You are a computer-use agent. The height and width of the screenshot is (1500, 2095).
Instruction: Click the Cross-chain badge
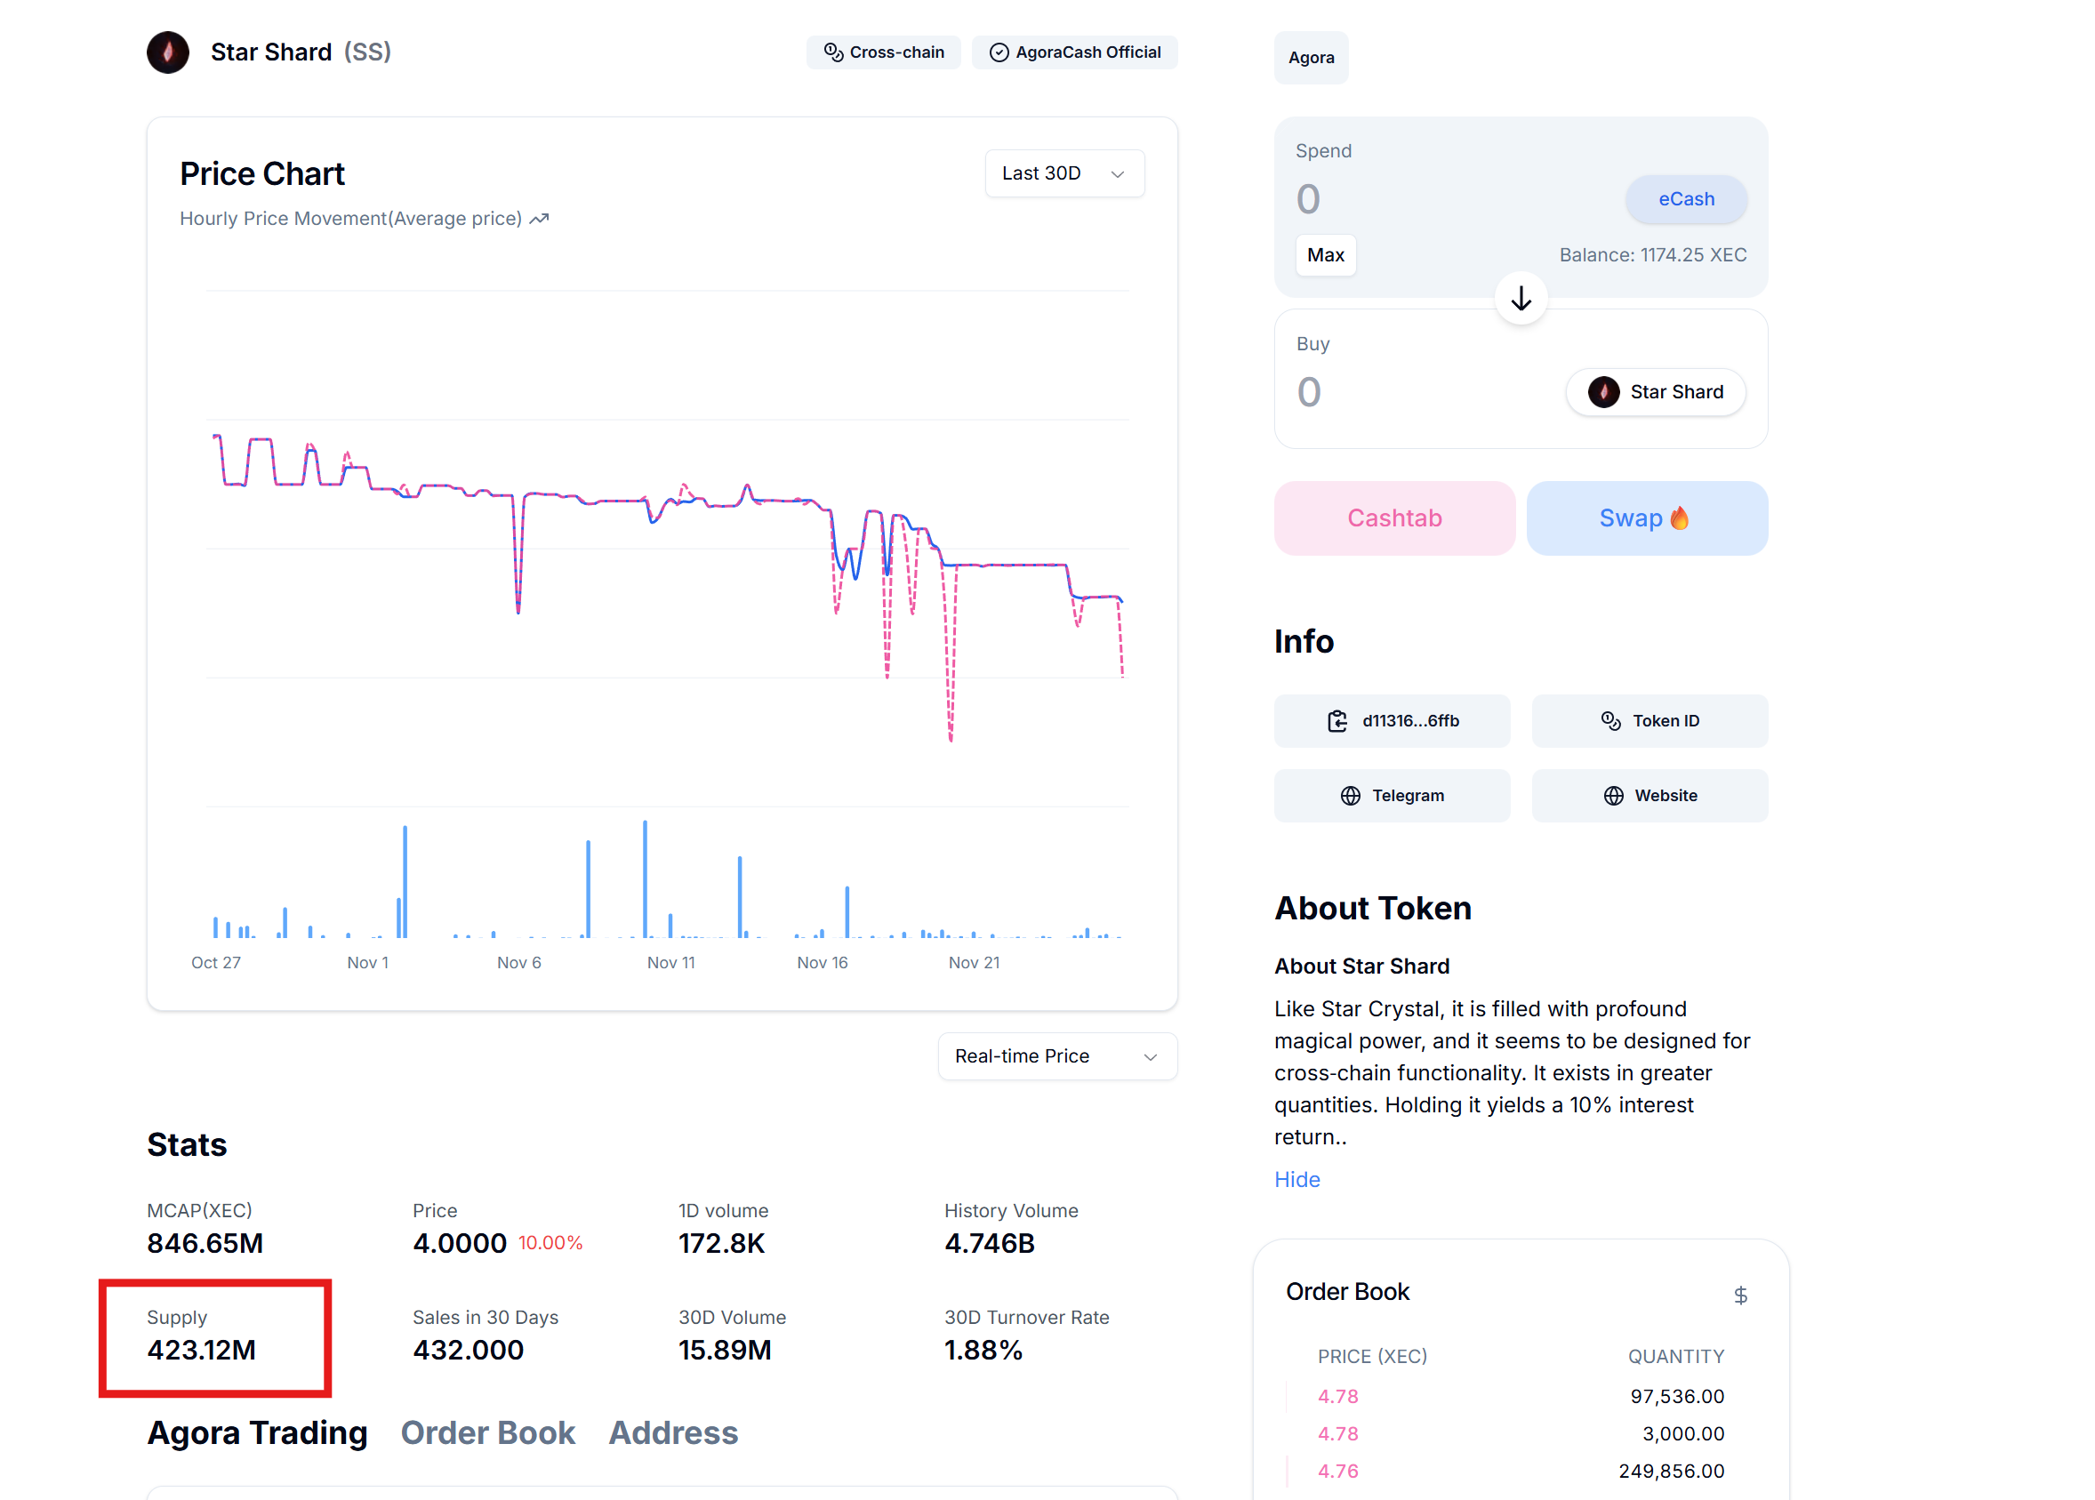coord(883,52)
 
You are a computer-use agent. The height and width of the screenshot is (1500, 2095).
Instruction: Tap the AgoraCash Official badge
coord(1074,52)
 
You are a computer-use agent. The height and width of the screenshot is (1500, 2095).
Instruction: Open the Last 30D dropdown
coord(1064,173)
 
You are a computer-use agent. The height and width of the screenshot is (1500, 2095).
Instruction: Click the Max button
coord(1325,255)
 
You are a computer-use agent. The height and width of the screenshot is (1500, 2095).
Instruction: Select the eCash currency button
coord(1685,199)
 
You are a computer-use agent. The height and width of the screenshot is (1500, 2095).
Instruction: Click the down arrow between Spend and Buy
coord(1521,299)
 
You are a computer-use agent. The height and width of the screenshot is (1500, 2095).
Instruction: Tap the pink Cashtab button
coord(1394,518)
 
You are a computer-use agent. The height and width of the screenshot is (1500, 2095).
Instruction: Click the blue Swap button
coord(1646,518)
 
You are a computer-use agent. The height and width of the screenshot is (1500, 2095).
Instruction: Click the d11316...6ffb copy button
coord(1391,721)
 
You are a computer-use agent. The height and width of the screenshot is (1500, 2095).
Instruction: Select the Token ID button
coord(1649,721)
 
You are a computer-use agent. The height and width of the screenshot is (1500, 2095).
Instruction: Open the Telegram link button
coord(1391,796)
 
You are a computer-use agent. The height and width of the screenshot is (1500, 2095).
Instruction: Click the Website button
coord(1649,796)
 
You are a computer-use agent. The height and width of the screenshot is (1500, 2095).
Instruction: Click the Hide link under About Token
coord(1296,1180)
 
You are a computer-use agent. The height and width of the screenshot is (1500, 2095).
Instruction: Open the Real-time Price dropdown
coord(1056,1055)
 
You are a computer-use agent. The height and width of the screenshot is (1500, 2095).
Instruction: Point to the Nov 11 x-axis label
coord(670,962)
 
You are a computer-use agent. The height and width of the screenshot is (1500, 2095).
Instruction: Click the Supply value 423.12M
coord(201,1351)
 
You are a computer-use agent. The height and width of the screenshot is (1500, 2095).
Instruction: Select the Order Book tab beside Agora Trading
coord(487,1432)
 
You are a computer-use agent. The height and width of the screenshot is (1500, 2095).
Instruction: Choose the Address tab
coord(672,1432)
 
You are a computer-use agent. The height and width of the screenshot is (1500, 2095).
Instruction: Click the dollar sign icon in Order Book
coord(1740,1295)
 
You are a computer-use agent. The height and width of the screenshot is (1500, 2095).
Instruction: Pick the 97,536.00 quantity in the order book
coord(1676,1397)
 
